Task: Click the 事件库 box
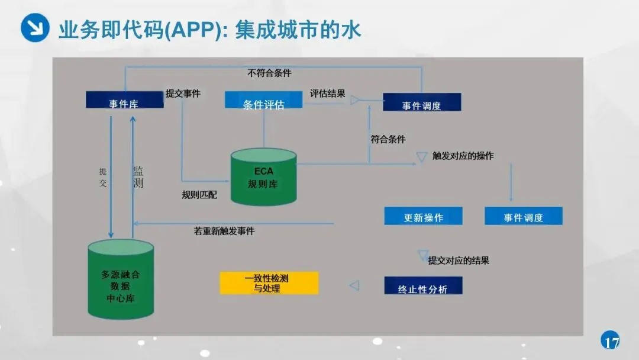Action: click(124, 100)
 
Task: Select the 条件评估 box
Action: click(263, 100)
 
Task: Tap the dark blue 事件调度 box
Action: click(421, 102)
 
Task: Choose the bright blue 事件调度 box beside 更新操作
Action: click(523, 216)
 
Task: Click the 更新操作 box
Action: click(423, 216)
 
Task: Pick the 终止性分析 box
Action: click(422, 286)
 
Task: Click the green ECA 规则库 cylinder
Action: click(263, 177)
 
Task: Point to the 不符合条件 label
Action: click(269, 73)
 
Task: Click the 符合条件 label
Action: click(388, 140)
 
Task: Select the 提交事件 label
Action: click(183, 94)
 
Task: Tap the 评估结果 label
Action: click(327, 94)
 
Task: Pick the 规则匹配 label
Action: click(199, 195)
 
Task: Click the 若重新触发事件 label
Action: click(224, 231)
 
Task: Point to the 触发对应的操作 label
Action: click(463, 156)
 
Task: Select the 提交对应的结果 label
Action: click(459, 261)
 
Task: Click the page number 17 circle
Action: click(611, 342)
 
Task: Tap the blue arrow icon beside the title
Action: click(35, 28)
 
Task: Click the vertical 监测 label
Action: click(138, 177)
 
